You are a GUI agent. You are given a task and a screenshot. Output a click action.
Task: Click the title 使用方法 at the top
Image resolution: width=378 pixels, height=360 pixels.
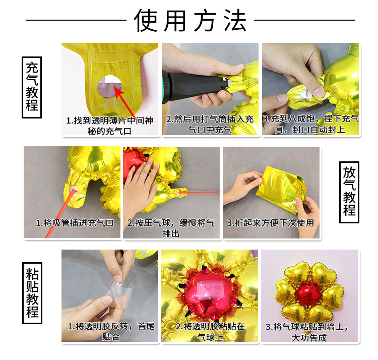(191, 21)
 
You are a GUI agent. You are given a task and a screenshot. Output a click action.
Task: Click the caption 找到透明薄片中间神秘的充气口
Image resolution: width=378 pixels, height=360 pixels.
(109, 126)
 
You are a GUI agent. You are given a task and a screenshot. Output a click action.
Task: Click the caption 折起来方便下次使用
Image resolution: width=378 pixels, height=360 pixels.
(271, 222)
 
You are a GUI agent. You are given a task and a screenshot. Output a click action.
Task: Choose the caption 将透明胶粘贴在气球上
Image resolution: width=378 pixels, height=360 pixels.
(210, 331)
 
